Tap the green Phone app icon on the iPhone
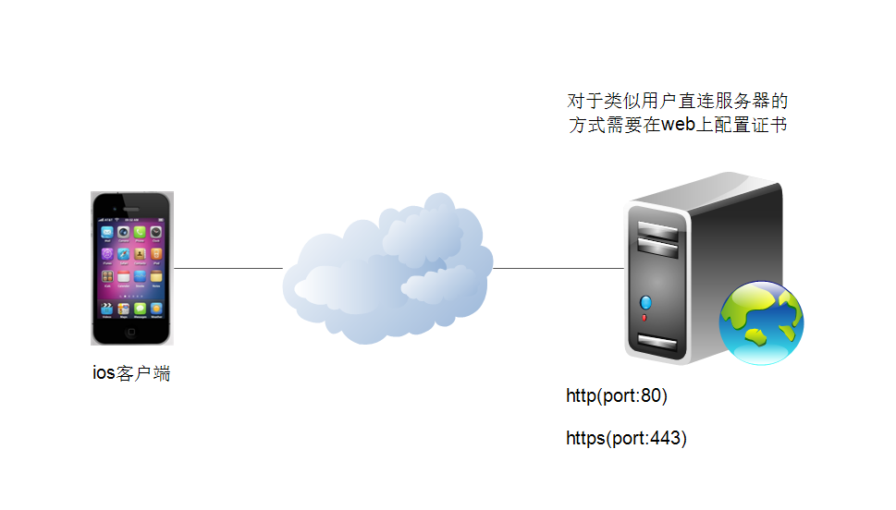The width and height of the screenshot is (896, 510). [x=140, y=232]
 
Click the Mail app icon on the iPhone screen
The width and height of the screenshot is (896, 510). [x=107, y=232]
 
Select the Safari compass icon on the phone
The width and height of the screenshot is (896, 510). [x=123, y=254]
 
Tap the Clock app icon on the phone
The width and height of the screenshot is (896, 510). [x=156, y=232]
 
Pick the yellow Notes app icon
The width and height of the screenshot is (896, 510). [x=156, y=276]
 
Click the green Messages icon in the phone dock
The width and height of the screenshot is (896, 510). [x=140, y=309]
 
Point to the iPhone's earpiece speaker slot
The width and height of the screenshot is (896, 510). [x=131, y=209]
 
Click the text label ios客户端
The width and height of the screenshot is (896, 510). [x=131, y=373]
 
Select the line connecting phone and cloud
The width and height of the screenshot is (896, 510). [x=228, y=268]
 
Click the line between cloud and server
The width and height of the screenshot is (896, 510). [x=558, y=268]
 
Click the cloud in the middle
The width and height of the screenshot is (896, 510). [x=388, y=269]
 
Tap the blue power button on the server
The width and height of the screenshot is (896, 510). [x=645, y=302]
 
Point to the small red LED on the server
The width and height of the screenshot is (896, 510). [x=644, y=318]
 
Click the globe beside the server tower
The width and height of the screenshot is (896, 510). [x=761, y=322]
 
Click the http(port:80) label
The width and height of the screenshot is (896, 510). [x=617, y=395]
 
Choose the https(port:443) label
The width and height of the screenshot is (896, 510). [x=626, y=438]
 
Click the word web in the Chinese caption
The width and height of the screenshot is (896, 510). [x=679, y=125]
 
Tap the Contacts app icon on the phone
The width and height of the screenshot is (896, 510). [x=140, y=254]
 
